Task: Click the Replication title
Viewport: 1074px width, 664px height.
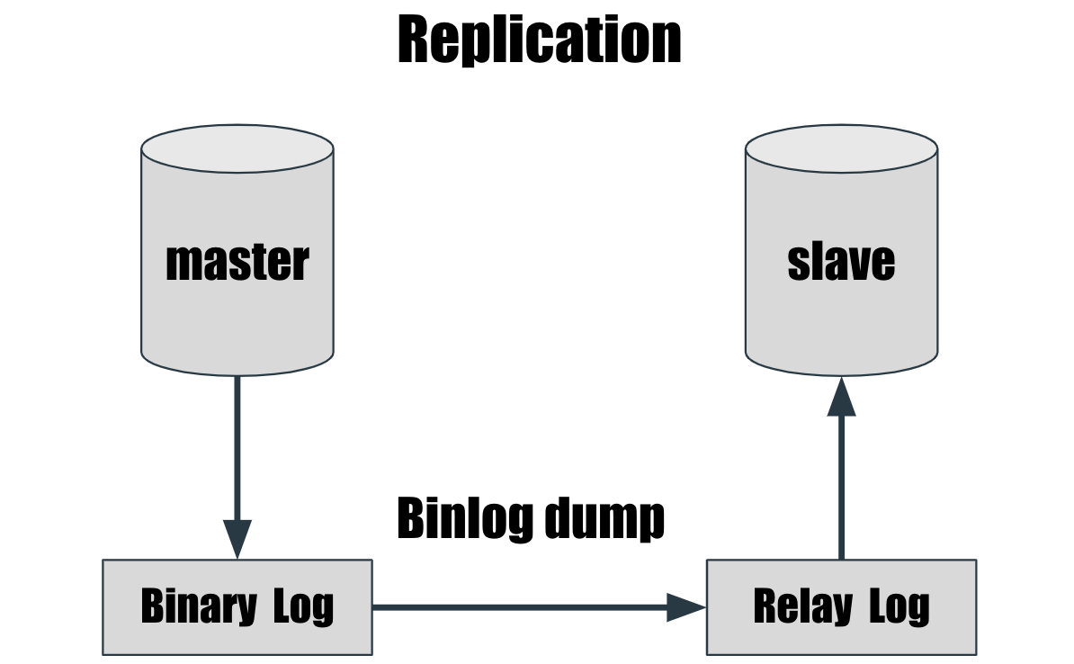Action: tap(539, 40)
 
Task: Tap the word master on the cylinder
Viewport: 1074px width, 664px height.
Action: tap(237, 262)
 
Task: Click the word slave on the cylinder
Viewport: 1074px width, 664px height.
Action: tap(841, 262)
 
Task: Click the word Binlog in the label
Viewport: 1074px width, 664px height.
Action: tap(452, 518)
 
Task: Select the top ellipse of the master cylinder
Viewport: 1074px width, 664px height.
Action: tap(237, 150)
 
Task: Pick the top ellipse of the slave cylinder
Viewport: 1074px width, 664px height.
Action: tap(841, 150)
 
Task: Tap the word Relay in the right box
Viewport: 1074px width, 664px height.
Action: tap(801, 607)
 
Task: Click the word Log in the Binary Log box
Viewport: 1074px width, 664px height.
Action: tap(303, 607)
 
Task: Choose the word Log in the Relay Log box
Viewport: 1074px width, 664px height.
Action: tap(899, 607)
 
